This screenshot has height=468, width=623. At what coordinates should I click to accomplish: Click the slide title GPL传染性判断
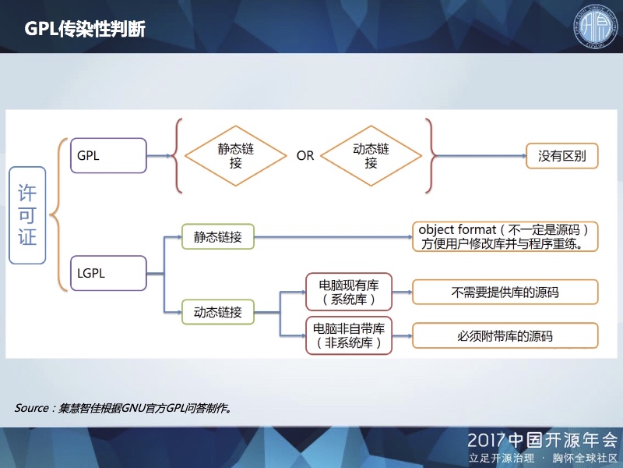pyautogui.click(x=85, y=29)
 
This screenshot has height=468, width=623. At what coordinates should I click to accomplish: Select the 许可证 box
pyautogui.click(x=28, y=214)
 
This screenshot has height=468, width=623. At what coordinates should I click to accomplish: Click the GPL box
pyautogui.click(x=107, y=155)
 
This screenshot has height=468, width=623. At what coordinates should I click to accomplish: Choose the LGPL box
pyautogui.click(x=107, y=273)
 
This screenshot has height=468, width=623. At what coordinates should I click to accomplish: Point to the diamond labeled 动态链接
pyautogui.click(x=371, y=156)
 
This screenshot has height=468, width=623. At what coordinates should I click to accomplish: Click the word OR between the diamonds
pyautogui.click(x=304, y=156)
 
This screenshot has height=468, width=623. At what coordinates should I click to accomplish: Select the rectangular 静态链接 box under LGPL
pyautogui.click(x=218, y=236)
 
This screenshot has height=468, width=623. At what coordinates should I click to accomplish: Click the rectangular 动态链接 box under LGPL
pyautogui.click(x=218, y=313)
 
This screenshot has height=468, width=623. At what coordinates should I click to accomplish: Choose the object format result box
pyautogui.click(x=509, y=236)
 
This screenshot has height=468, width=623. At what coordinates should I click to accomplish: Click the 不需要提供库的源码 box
pyautogui.click(x=505, y=292)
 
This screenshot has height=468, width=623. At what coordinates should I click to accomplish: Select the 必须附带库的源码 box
pyautogui.click(x=505, y=336)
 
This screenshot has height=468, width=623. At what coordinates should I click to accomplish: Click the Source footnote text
pyautogui.click(x=125, y=408)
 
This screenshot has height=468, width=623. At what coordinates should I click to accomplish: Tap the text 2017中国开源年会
pyautogui.click(x=540, y=438)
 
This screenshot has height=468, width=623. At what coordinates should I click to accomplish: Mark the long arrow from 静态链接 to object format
pyautogui.click(x=335, y=236)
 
